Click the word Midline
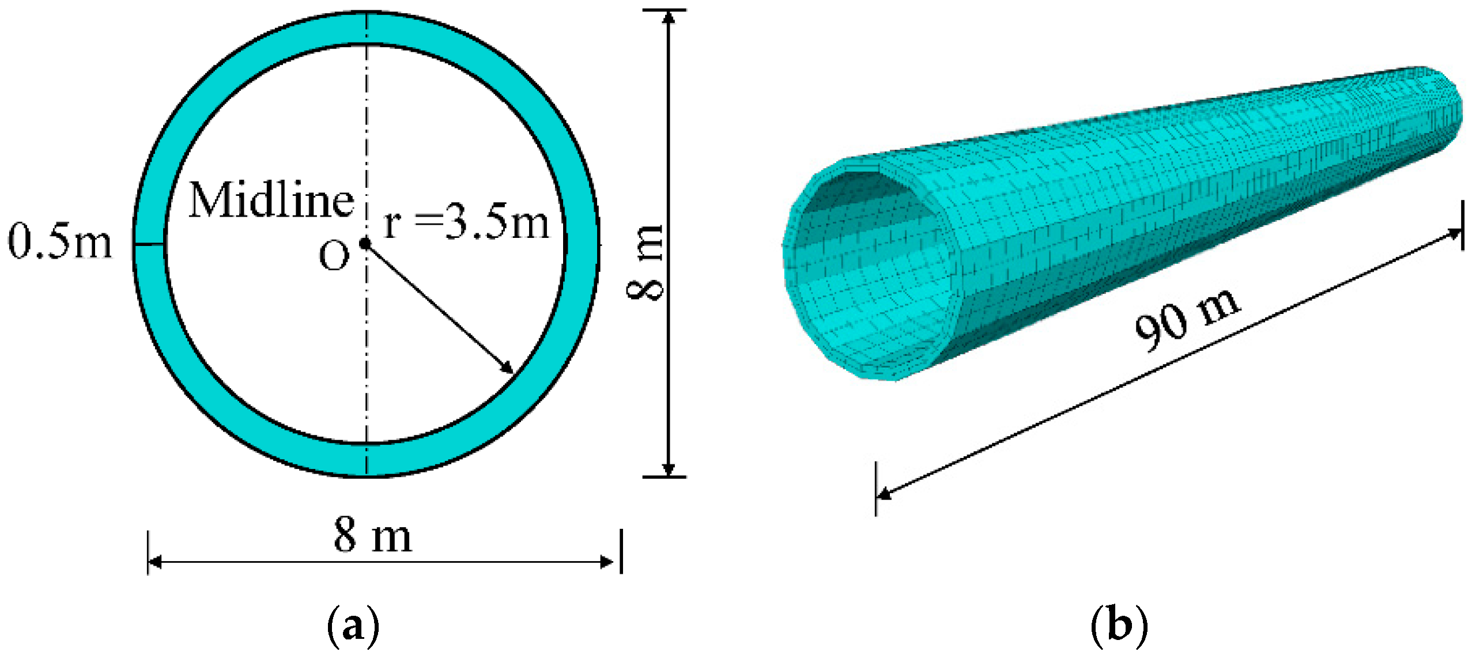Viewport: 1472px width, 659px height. click(x=271, y=200)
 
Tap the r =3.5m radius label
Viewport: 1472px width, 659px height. click(x=466, y=224)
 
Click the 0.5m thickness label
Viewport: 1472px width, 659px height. click(x=59, y=242)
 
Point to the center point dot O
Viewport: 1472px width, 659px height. click(x=365, y=244)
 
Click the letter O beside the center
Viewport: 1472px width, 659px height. click(x=334, y=255)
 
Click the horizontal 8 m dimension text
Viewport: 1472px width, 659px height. click(x=373, y=535)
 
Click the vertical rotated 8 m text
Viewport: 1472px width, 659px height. click(x=646, y=262)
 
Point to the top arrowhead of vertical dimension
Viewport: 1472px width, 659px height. click(x=668, y=17)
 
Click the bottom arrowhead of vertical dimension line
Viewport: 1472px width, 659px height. click(x=668, y=469)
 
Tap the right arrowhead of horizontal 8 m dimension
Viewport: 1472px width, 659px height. click(x=607, y=562)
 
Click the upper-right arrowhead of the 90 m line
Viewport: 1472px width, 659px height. click(x=1454, y=233)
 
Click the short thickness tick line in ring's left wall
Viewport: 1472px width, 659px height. click(x=149, y=245)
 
